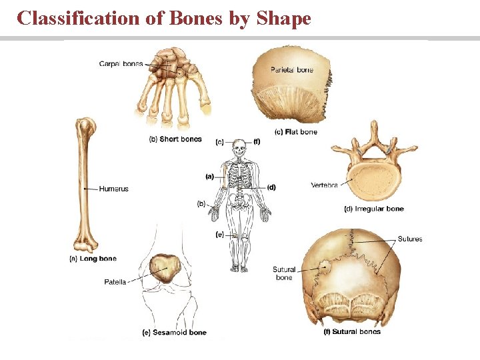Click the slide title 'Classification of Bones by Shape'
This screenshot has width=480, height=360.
164,18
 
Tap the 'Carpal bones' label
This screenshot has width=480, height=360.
121,64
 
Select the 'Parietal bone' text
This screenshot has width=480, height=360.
291,70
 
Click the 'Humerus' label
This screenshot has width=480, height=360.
113,189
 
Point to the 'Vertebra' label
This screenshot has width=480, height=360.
324,185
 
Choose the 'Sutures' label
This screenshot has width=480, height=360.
409,239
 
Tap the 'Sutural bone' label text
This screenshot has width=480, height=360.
284,273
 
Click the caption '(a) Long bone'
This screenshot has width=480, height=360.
93,259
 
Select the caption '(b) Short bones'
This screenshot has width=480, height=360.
175,139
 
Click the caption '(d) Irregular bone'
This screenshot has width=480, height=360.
373,209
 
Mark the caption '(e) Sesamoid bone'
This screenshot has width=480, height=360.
175,332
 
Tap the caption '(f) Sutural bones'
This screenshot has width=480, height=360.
351,331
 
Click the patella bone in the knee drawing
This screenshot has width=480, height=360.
165,269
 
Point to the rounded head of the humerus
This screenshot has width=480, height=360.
85,125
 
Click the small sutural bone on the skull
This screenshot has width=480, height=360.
325,267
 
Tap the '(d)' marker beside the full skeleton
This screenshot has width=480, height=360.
271,187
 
